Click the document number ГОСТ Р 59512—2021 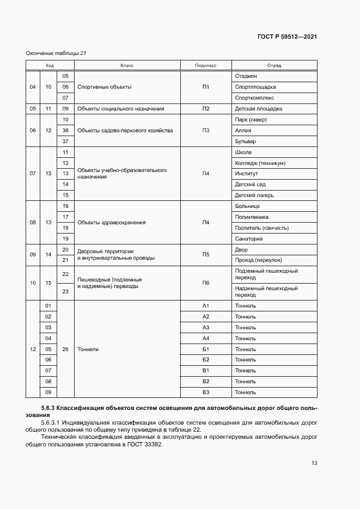287,37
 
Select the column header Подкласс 205,65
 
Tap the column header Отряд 274,65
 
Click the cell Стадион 246,76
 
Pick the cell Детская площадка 258,109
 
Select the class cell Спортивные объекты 105,87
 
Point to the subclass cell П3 205,131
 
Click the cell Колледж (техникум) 260,163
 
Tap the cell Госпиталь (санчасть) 261,228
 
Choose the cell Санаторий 249,239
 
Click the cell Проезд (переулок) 258,260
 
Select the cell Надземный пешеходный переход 266,291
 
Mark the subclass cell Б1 205,349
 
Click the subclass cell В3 205,392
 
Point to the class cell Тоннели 88,349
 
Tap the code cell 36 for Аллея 65,131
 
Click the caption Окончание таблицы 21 56,53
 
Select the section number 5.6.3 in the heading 48,408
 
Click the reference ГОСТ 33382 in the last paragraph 142,444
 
